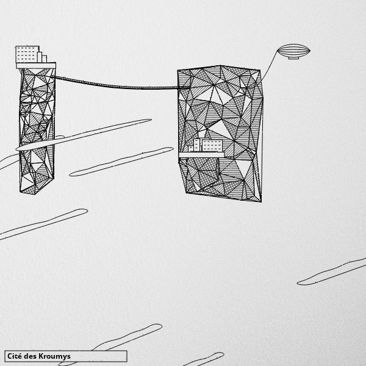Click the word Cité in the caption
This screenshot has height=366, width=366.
point(15,356)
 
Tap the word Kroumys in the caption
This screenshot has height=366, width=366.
point(54,357)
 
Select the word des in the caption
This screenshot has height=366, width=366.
point(30,356)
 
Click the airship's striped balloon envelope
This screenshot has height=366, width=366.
point(293,50)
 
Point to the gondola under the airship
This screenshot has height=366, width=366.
point(293,58)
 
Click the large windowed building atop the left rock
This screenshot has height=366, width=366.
point(27,54)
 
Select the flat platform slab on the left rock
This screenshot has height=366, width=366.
point(36,66)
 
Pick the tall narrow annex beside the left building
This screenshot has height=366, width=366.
point(40,57)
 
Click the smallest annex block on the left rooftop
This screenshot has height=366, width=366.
point(45,59)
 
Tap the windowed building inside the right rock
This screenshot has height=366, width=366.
point(212,146)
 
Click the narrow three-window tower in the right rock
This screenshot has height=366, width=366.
point(197,145)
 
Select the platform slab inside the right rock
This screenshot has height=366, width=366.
point(201,154)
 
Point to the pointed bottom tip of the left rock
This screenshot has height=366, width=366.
point(35,194)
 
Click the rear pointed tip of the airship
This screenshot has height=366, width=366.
point(310,51)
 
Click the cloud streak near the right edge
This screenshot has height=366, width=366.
point(331,272)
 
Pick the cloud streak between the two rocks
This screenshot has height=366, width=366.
point(121,162)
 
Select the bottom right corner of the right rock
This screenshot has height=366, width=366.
point(261,201)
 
